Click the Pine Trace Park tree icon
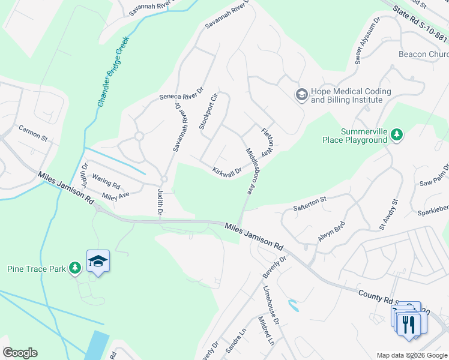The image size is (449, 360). click(x=74, y=268)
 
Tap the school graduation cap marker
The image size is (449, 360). click(x=98, y=262)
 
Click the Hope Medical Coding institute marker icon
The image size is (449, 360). click(x=301, y=94)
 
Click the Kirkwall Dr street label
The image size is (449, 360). click(x=227, y=171)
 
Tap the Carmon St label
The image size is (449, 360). click(x=32, y=133)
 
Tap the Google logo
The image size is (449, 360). click(x=20, y=353)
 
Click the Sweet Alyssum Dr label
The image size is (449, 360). click(x=368, y=40)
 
